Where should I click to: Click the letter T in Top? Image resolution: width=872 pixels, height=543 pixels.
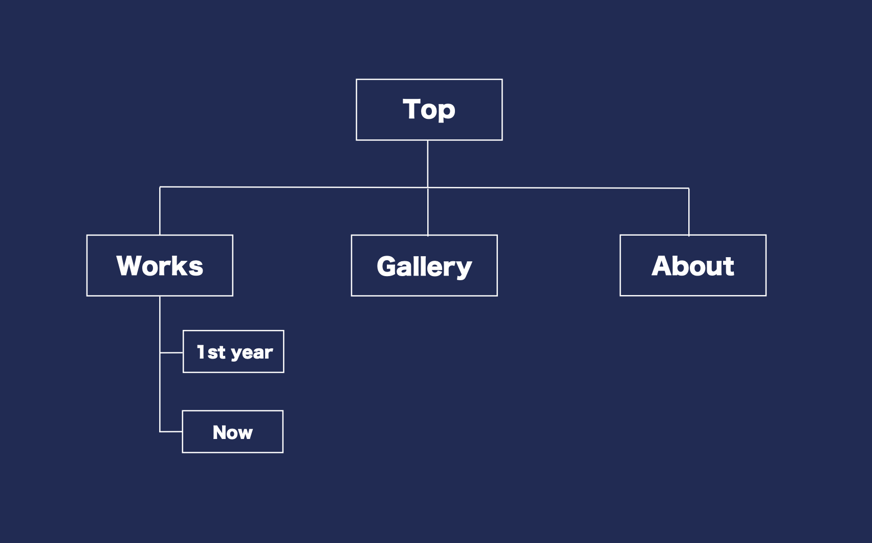click(411, 109)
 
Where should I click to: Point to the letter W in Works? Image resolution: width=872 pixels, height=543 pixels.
click(131, 265)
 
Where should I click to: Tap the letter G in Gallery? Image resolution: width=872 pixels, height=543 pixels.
click(386, 266)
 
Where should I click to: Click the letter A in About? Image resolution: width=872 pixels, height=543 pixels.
click(663, 265)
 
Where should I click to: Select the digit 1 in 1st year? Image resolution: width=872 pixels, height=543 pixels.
click(201, 351)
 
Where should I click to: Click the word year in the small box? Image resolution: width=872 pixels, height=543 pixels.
click(252, 353)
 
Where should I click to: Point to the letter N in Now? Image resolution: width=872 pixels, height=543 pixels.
click(220, 432)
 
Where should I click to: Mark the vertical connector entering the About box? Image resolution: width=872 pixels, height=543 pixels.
click(689, 212)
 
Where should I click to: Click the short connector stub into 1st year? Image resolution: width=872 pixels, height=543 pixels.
click(171, 352)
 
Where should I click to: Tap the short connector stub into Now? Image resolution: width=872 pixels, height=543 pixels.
click(171, 431)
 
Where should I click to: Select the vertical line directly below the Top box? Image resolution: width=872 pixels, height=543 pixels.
click(427, 164)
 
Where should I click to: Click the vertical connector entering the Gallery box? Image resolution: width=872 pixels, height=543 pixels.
click(428, 212)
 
